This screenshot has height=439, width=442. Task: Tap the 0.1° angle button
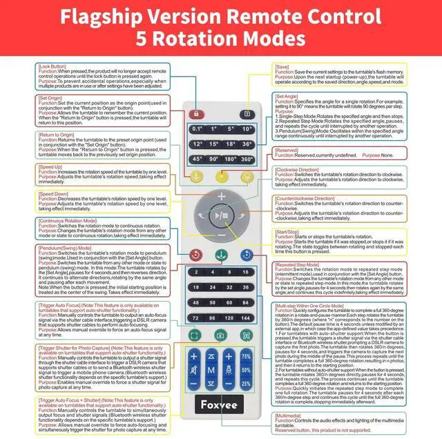pos(197,129)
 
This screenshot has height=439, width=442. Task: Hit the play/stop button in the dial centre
pos(221,215)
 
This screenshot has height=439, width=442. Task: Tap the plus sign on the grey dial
pos(221,197)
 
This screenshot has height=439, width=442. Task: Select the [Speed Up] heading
pos(50,167)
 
